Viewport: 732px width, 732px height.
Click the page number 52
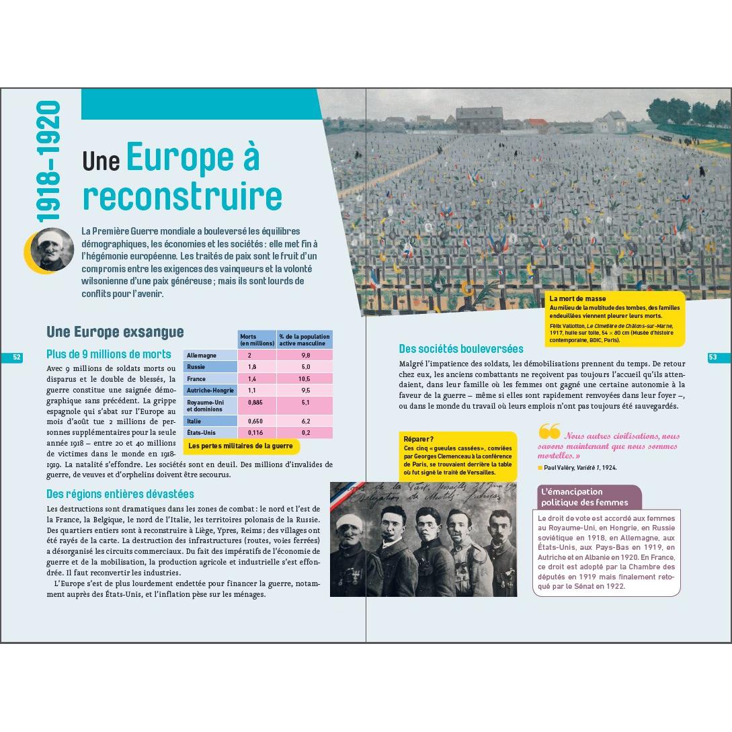point(17,358)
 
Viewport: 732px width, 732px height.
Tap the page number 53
point(714,358)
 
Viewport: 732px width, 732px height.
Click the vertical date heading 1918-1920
point(49,161)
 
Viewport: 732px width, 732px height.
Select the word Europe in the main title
point(193,159)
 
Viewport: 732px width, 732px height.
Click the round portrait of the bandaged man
point(52,249)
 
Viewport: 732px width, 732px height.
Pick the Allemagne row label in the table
point(202,355)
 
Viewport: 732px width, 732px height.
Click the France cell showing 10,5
point(305,378)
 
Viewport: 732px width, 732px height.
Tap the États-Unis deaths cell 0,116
point(255,432)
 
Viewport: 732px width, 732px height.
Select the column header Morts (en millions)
point(257,339)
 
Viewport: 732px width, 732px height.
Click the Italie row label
point(194,421)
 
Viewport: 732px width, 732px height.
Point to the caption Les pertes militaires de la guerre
point(240,446)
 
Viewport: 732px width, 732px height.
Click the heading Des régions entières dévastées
point(120,494)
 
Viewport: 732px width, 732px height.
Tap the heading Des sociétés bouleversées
point(460,349)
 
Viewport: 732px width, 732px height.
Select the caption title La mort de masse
point(577,298)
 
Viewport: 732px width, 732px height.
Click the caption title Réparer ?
point(418,439)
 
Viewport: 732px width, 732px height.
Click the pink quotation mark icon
point(548,432)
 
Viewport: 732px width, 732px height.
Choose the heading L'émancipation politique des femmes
point(585,497)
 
